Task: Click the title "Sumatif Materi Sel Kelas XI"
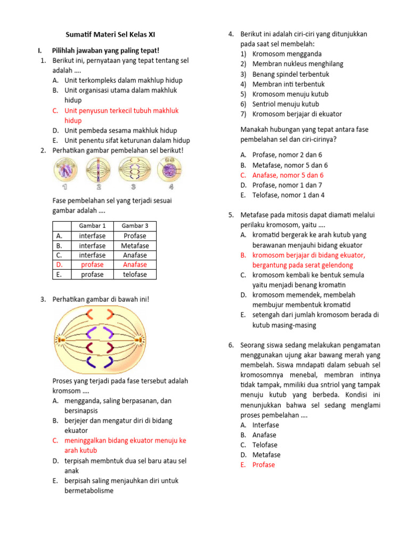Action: [x=111, y=35]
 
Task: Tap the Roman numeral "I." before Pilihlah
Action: [x=40, y=51]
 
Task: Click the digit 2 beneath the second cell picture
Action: [x=99, y=187]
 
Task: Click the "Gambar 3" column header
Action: [x=135, y=226]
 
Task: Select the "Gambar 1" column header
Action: [x=92, y=226]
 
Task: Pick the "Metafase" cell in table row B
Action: [x=135, y=245]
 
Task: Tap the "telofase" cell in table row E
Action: [x=135, y=275]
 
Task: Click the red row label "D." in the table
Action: [x=59, y=264]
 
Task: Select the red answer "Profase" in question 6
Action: [x=264, y=464]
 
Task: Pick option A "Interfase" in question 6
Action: [x=265, y=425]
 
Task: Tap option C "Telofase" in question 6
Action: [x=265, y=445]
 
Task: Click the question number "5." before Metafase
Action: [x=232, y=215]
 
